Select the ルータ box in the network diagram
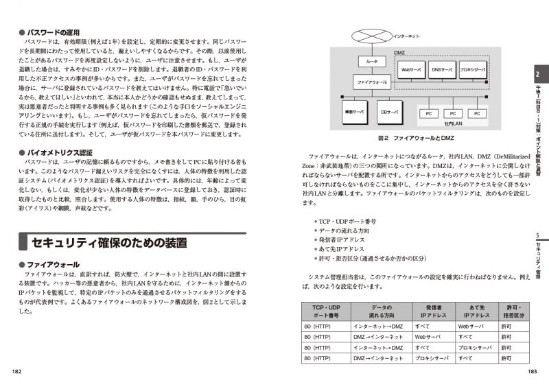pyautogui.click(x=372, y=61)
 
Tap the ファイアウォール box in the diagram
pyautogui.click(x=372, y=82)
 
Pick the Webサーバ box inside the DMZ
pyautogui.click(x=412, y=69)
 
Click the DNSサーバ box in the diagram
pyautogui.click(x=443, y=69)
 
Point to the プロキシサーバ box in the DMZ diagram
pyautogui.click(x=473, y=69)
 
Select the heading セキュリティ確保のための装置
pyautogui.click(x=109, y=242)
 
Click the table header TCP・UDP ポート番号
pyautogui.click(x=326, y=310)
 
